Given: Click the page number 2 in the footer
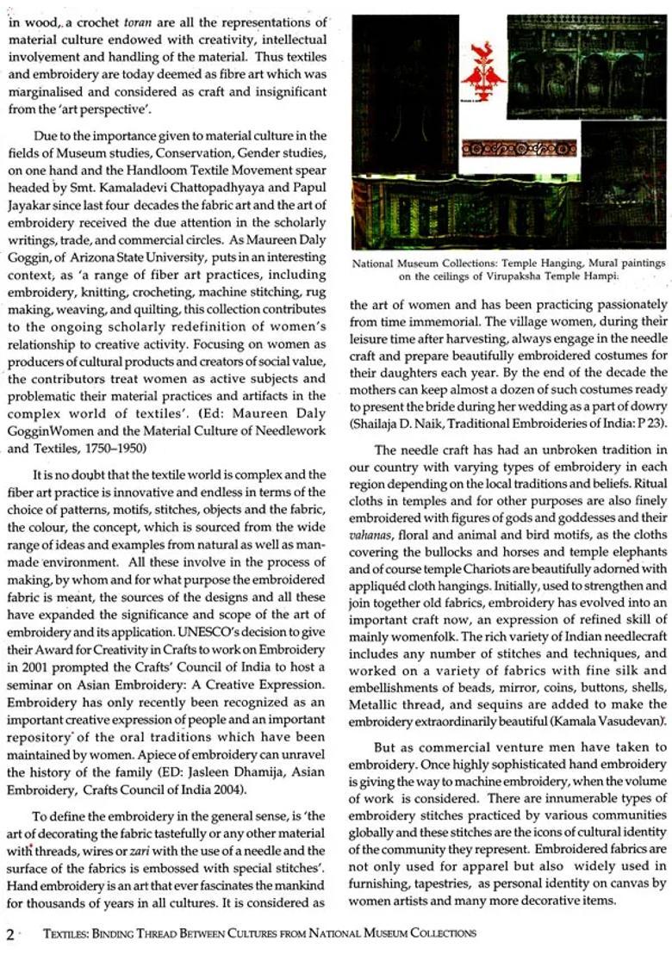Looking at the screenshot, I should pyautogui.click(x=9, y=934).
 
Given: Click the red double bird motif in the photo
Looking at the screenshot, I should pyautogui.click(x=482, y=76).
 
